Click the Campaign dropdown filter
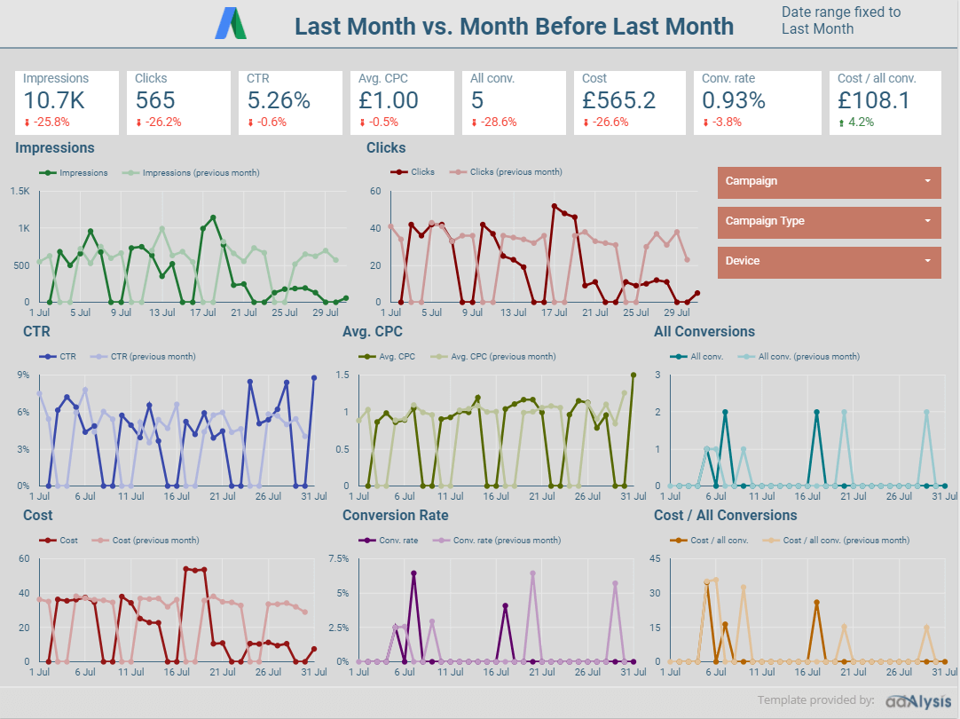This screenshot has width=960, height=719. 829,182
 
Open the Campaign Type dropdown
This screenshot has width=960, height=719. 829,222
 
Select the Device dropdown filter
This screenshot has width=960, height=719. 829,262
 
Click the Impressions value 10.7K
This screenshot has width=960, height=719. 53,100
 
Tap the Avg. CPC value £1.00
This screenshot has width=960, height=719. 389,100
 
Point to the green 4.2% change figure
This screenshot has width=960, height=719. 861,122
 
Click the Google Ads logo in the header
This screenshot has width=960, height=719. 232,23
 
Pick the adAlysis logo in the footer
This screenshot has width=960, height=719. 917,700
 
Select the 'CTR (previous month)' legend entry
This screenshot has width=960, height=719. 153,357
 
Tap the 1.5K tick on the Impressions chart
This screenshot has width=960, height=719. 20,191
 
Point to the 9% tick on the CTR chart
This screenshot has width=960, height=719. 23,375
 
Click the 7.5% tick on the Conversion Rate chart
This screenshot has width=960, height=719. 338,558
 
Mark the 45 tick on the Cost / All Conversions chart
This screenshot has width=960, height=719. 656,558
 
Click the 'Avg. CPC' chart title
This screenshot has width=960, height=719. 372,332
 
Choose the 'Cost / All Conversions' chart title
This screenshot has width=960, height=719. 725,516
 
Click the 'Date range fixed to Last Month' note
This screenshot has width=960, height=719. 840,20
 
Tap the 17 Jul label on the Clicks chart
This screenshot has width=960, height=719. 555,313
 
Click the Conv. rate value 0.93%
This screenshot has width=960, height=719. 734,100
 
